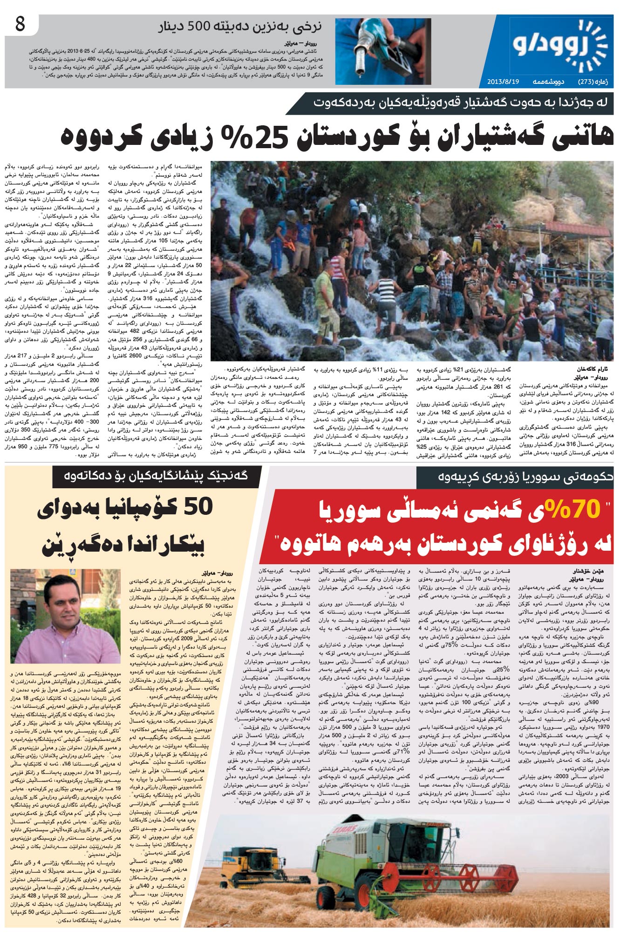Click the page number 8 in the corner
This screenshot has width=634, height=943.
point(20,24)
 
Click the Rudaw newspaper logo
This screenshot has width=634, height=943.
point(561,45)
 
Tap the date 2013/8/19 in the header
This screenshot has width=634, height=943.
point(503,82)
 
